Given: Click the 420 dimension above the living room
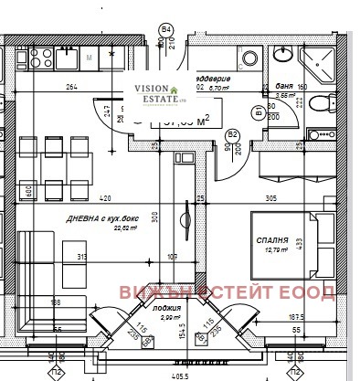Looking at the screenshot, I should (104, 197).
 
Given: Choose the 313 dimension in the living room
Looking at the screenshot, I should (80, 256).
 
